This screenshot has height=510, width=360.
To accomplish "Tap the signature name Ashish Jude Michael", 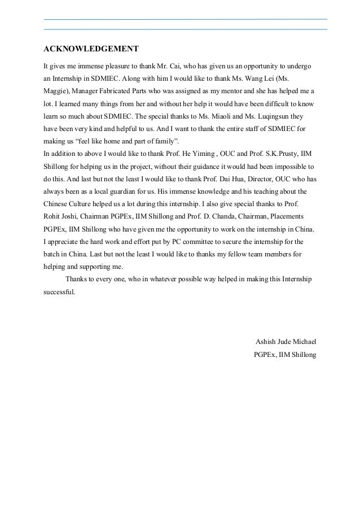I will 286,326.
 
